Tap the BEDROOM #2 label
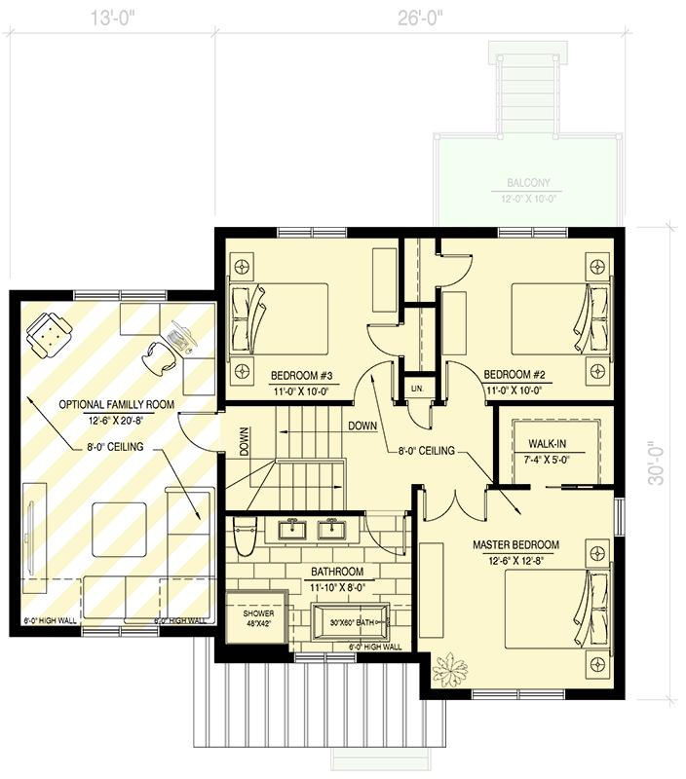[x=513, y=374]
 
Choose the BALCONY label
[x=527, y=182]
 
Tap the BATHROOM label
[x=337, y=572]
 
